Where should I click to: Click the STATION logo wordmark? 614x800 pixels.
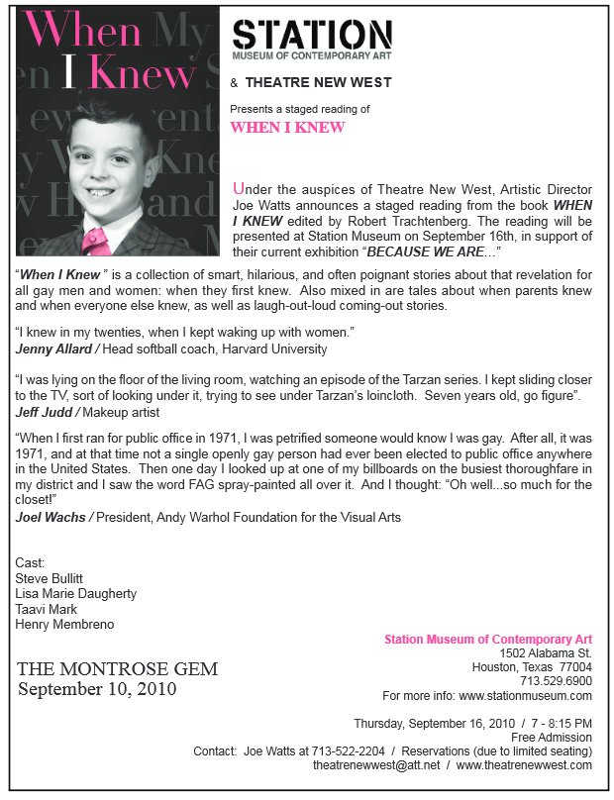(x=312, y=34)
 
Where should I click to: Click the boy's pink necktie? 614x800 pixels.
(x=100, y=238)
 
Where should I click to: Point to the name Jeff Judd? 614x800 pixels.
(x=42, y=411)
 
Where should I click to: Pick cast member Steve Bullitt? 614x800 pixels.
(x=49, y=578)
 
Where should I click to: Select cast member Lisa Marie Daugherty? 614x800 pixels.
(x=76, y=594)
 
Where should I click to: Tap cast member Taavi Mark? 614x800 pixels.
(x=45, y=609)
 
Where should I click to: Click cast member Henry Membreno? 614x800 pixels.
(x=64, y=625)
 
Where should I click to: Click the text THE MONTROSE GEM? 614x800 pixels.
(x=117, y=669)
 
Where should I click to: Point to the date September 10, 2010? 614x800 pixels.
(x=97, y=689)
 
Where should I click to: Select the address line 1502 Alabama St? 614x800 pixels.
(x=546, y=653)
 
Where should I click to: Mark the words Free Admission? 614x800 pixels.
(x=552, y=738)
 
